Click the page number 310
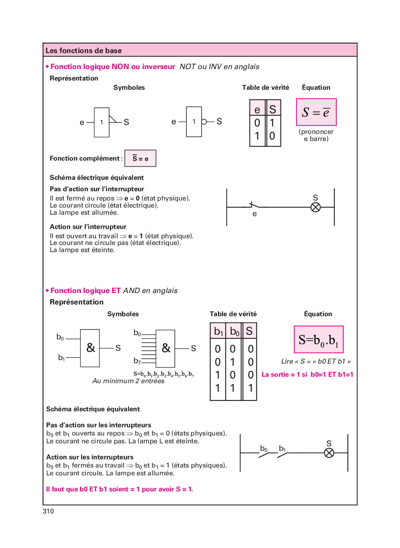coord(48,511)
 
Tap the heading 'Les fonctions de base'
coord(84,51)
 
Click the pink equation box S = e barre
coord(316,112)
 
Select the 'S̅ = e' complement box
coord(140,158)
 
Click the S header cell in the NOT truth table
coord(273,109)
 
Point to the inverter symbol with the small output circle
coord(194,122)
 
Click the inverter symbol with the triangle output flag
coord(102,122)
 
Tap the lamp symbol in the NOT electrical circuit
coord(315,207)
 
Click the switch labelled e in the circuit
coord(254,206)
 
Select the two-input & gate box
coord(90,348)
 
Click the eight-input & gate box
coord(165,348)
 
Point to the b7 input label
coord(137,361)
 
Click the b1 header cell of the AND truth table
coord(218,332)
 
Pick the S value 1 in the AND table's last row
coord(250,388)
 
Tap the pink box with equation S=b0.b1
coord(319,340)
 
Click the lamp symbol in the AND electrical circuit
coord(329,453)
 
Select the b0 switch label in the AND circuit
coord(264,449)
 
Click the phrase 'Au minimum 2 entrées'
coord(128,381)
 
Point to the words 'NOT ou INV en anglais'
coord(219,67)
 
